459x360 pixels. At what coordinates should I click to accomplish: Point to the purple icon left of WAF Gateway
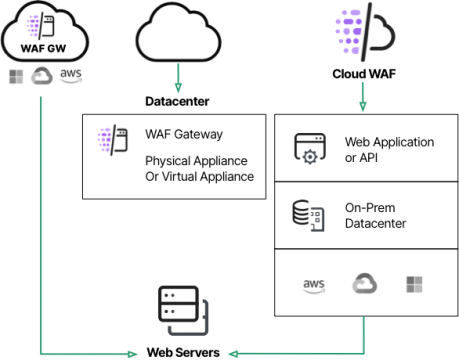click(x=107, y=140)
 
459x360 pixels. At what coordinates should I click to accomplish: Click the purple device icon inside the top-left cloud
click(x=42, y=23)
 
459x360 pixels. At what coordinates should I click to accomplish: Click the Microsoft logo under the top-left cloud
click(x=16, y=77)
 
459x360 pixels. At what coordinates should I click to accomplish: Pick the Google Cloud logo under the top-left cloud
click(x=43, y=78)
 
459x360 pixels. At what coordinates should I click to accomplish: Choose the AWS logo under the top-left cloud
click(x=70, y=74)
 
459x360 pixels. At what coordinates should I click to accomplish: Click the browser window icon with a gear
click(x=309, y=148)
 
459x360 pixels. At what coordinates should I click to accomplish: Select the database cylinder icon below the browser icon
click(x=306, y=214)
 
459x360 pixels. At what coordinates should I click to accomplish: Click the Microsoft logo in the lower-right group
click(x=413, y=284)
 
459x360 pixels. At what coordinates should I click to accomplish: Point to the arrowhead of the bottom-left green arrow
click(x=133, y=353)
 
